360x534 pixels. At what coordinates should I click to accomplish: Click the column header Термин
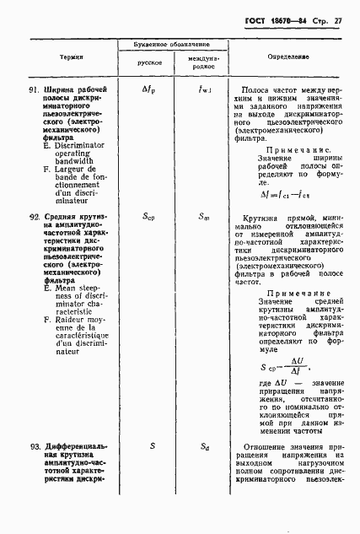(71, 57)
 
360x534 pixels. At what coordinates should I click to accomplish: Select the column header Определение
(289, 57)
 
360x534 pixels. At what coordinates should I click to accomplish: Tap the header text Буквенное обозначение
(173, 43)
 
